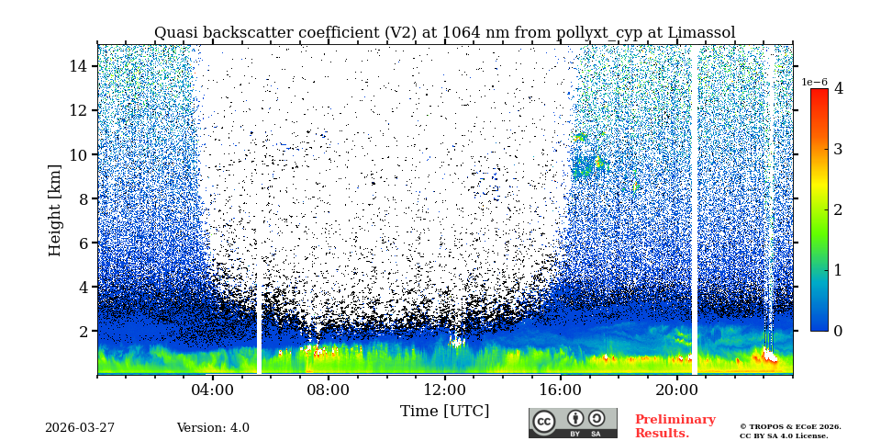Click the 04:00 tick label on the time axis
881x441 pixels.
tap(213, 390)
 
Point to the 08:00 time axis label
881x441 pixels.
tap(329, 390)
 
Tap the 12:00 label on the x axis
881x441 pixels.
tap(444, 390)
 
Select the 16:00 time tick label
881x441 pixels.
tap(561, 390)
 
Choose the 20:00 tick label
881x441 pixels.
tap(676, 390)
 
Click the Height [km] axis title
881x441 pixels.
tap(55, 209)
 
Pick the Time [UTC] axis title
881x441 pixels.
tap(444, 411)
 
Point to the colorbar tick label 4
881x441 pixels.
tap(838, 89)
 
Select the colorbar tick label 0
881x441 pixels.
tap(838, 331)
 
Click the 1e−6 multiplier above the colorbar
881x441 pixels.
tap(814, 82)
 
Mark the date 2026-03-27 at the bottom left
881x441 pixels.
tap(80, 428)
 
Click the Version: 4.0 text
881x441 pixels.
tap(213, 428)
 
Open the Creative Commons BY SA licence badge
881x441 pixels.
tap(573, 423)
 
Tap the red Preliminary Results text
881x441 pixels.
tap(675, 426)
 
